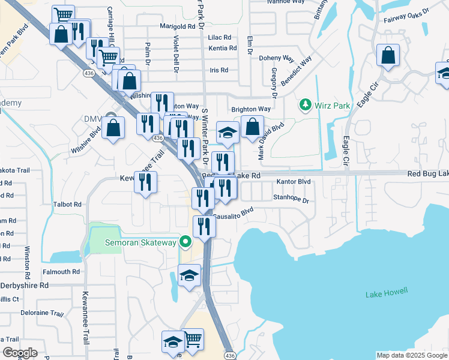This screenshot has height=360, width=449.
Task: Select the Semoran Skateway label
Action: click(x=140, y=242)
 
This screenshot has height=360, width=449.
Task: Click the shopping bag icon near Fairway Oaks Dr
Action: click(x=388, y=56)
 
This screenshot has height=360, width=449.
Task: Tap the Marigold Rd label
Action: click(x=177, y=26)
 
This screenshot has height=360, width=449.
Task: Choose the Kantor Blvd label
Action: click(x=293, y=181)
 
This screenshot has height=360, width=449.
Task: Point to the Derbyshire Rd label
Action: click(x=24, y=286)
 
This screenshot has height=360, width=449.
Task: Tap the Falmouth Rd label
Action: click(x=61, y=272)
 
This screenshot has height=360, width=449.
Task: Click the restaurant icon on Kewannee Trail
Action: click(x=145, y=182)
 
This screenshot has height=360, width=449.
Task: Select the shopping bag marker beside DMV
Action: click(x=113, y=128)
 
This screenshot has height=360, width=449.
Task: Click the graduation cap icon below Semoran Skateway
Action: click(x=190, y=276)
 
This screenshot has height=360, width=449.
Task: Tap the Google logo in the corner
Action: click(x=19, y=353)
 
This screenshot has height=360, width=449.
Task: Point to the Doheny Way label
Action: click(x=276, y=59)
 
